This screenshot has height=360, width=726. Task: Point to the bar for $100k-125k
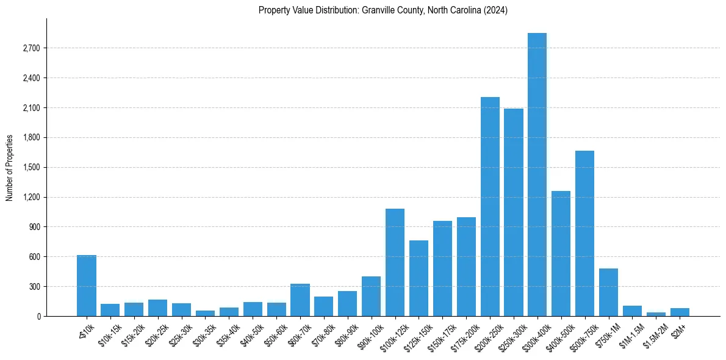click(x=395, y=262)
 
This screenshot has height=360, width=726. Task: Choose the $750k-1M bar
click(x=608, y=292)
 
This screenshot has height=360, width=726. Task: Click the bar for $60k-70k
click(x=300, y=300)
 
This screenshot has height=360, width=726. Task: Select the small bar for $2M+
click(x=680, y=312)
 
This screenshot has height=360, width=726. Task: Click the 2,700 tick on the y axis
click(x=31, y=48)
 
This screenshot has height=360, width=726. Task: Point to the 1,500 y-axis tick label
click(x=31, y=167)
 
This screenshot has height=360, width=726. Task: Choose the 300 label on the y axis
click(x=35, y=286)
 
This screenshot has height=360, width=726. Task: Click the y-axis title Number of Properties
click(x=10, y=167)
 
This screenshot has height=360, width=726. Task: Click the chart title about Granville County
click(x=383, y=10)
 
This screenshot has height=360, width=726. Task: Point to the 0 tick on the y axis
click(x=38, y=316)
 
